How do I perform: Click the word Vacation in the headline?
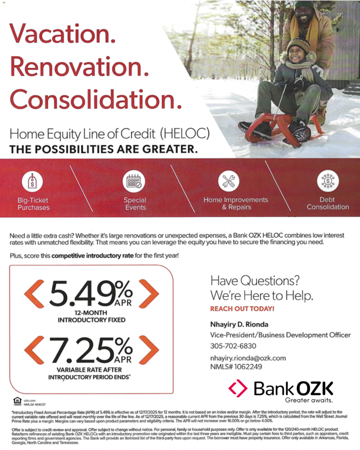coord(62,33)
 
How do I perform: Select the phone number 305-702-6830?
coord(233,346)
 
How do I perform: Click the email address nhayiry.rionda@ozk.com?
coord(248,358)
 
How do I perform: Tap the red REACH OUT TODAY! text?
coord(242,308)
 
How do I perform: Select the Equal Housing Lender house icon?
coord(17,400)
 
